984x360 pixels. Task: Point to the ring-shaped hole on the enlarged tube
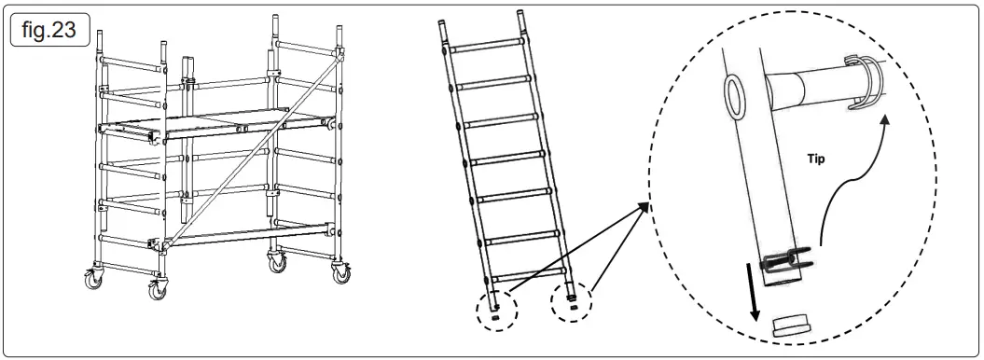click(739, 93)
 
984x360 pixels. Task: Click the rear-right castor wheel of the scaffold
click(340, 275)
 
